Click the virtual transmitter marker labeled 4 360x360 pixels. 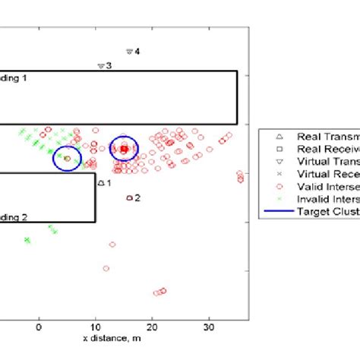point(129,52)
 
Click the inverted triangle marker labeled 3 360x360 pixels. point(100,66)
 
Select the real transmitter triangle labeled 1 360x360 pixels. point(100,182)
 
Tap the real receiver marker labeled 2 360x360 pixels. point(129,197)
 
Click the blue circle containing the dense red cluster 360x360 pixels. point(124,150)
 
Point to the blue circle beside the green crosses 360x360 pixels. point(67,158)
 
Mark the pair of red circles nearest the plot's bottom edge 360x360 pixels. point(159,292)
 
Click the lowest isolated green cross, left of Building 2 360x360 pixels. point(27,240)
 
